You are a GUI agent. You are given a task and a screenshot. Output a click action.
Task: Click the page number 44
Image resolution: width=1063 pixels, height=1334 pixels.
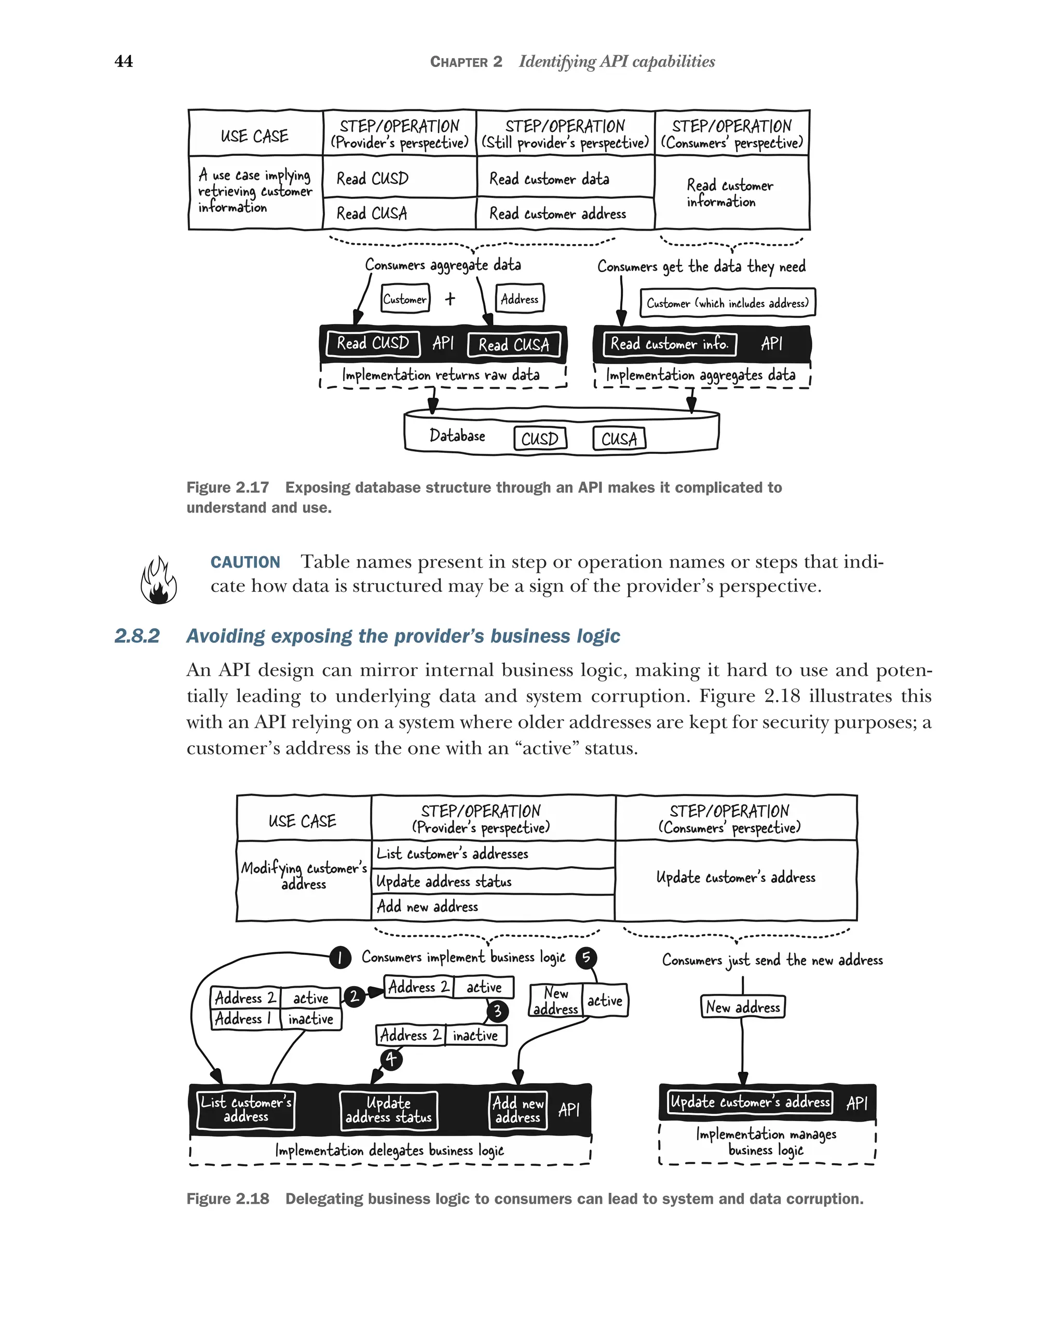coord(124,61)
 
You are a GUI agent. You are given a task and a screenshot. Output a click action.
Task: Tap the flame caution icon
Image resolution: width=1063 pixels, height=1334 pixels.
coord(158,581)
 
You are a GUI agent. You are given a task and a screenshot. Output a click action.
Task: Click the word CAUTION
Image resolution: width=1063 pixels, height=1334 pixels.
coord(245,562)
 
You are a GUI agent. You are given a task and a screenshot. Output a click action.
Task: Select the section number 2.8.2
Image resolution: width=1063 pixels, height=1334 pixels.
coord(137,636)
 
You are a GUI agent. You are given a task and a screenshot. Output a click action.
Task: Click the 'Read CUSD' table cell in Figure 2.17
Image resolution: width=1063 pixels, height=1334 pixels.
coord(373,179)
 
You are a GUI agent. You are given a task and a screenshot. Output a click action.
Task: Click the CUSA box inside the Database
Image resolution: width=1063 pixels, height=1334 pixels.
coord(619,439)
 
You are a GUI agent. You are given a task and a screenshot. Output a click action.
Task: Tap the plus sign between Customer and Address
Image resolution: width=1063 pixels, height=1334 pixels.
coord(450,299)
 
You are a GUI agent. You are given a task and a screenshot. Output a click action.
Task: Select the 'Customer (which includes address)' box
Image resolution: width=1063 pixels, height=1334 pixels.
coord(727,303)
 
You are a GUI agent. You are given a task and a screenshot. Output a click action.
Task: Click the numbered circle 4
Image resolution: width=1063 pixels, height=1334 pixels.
coord(391,1059)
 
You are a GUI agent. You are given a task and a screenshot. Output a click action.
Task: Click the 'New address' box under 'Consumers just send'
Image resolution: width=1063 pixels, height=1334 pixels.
coord(743,1007)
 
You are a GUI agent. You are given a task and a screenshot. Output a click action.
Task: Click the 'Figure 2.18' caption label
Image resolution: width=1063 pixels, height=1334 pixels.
coord(227,1199)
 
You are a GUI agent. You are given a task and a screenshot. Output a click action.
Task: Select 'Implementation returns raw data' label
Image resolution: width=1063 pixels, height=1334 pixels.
coord(441,375)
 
